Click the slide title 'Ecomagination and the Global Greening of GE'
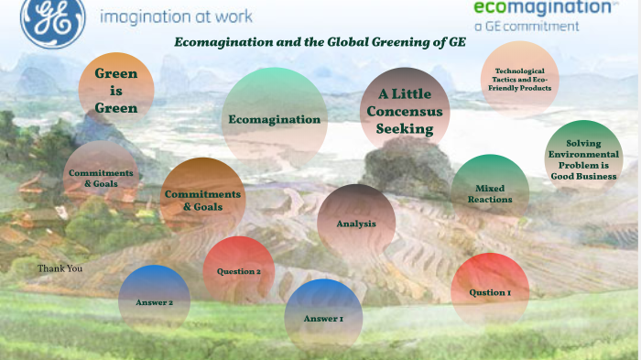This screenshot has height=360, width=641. [x=320, y=43]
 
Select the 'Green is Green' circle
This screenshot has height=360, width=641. [x=116, y=91]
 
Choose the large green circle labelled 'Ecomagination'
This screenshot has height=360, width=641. [x=275, y=118]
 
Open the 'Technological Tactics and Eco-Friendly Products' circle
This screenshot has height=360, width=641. [x=519, y=80]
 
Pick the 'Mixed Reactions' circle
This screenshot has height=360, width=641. [x=490, y=193]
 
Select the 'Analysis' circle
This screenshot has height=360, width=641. [x=356, y=224]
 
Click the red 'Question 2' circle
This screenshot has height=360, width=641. [x=239, y=271]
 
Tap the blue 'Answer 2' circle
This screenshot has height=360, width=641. [x=154, y=301]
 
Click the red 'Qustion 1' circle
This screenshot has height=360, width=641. [x=490, y=292]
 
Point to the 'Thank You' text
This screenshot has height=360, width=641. [x=60, y=268]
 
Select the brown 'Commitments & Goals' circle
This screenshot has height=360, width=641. [x=201, y=200]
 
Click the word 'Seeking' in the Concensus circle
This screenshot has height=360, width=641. [x=405, y=129]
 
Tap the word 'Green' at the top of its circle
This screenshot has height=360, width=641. [x=116, y=74]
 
